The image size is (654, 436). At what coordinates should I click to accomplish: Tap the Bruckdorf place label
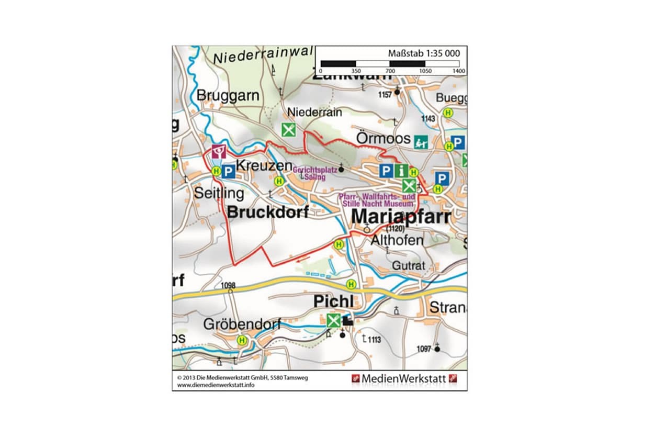268,213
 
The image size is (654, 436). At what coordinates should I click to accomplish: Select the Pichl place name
333,302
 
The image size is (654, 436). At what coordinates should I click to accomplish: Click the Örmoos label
383,139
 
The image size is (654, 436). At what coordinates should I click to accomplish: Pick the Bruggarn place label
228,96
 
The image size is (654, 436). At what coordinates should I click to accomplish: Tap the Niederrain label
314,113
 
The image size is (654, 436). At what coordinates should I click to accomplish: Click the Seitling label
219,193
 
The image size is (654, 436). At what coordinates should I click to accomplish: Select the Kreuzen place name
264,165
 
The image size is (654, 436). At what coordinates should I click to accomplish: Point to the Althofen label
397,240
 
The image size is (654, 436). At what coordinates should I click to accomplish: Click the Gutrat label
409,265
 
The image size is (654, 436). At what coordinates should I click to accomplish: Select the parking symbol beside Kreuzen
228,172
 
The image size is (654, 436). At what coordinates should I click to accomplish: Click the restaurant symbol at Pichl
333,320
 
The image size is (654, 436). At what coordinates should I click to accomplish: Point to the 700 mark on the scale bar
390,71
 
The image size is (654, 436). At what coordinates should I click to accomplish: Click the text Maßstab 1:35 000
424,53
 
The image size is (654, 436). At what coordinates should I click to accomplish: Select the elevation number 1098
229,285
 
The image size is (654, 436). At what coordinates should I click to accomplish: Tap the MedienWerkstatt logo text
403,378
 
